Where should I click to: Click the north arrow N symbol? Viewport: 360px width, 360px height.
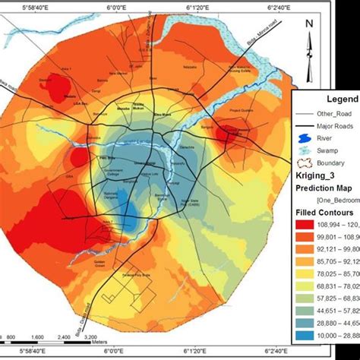[309, 25]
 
